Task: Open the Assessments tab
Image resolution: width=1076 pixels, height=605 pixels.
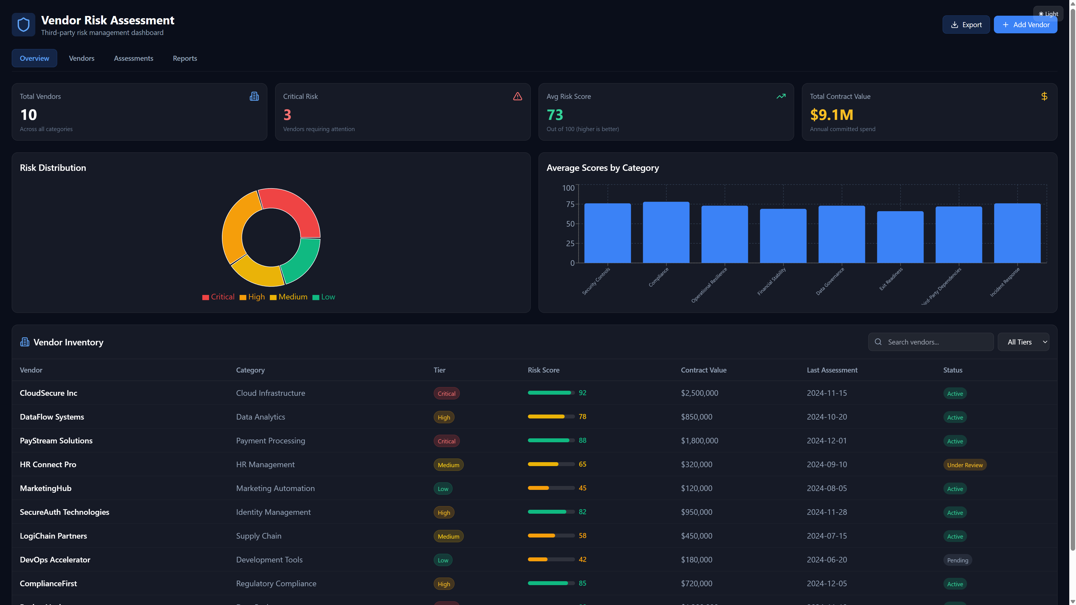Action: [x=133, y=59]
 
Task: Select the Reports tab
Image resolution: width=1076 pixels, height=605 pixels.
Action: [x=185, y=59]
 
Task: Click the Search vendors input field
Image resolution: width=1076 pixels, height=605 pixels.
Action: [x=936, y=342]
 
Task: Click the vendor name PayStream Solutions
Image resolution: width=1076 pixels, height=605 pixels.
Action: [x=56, y=441]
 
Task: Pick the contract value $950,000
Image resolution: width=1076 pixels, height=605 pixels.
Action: [x=696, y=512]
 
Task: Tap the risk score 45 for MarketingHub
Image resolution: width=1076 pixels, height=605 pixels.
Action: [x=582, y=488]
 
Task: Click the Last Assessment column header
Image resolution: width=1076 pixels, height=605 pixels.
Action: [x=832, y=370]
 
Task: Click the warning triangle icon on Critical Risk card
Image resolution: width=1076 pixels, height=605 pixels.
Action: [x=517, y=96]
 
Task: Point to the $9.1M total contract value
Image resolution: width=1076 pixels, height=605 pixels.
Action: [x=831, y=115]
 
